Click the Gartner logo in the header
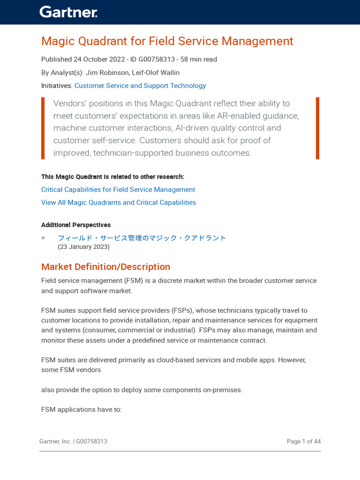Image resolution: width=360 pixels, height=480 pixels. (68, 12)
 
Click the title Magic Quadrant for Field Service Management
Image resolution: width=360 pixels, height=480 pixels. (167, 41)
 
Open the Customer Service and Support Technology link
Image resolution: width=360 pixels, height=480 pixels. (140, 86)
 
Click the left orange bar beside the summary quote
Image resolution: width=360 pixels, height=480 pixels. (43, 128)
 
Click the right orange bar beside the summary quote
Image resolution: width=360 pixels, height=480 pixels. (317, 128)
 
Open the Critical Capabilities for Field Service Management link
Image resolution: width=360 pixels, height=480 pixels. (118, 190)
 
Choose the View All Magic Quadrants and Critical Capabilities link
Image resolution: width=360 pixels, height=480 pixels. (119, 202)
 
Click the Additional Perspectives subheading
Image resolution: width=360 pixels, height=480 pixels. (76, 225)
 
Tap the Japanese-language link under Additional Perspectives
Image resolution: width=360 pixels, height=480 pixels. (142, 238)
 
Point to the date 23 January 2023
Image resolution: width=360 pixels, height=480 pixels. (83, 247)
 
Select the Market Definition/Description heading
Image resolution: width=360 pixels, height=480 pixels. (105, 267)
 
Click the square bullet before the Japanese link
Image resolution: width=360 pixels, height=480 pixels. (43, 238)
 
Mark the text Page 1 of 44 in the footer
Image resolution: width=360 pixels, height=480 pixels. (304, 442)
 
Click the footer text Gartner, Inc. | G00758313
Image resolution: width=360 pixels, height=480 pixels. (73, 442)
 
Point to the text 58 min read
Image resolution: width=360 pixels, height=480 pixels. (198, 60)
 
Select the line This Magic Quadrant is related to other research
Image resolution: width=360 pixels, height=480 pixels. (112, 177)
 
